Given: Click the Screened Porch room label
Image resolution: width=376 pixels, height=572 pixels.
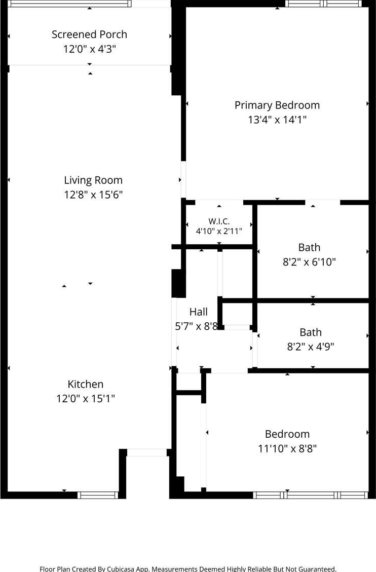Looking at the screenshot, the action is tap(89, 34).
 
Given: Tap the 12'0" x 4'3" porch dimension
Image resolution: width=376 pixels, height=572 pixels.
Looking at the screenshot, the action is tap(89, 49).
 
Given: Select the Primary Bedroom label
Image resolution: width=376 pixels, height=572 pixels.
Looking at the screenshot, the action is tap(277, 105).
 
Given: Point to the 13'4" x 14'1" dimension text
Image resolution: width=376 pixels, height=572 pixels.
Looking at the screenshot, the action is tap(277, 120).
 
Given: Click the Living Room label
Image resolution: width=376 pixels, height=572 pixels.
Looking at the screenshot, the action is tap(93, 180).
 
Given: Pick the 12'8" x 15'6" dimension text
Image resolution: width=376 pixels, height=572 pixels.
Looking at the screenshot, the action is tap(93, 195).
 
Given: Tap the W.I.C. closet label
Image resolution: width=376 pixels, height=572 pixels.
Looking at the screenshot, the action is tap(219, 221).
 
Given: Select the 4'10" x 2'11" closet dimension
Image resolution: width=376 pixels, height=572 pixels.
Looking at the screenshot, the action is tap(219, 231).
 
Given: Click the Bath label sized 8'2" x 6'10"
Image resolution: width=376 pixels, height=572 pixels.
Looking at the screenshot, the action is tap(309, 247).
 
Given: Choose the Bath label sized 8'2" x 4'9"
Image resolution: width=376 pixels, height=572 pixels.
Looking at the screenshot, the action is tap(311, 332).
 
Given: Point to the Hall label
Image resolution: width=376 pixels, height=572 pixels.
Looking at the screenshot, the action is tap(199, 312).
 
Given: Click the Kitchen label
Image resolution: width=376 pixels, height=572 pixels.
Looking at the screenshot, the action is tap(86, 384).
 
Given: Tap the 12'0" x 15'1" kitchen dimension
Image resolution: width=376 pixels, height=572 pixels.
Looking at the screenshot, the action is tap(86, 399).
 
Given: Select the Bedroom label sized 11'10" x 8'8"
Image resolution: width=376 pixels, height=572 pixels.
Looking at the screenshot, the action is tap(287, 434).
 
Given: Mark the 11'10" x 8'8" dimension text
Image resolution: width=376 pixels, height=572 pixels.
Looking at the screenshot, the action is tap(287, 449).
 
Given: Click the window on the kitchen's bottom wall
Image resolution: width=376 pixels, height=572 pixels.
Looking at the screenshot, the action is tap(98, 495).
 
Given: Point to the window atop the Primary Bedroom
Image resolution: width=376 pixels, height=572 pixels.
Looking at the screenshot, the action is tap(323, 4).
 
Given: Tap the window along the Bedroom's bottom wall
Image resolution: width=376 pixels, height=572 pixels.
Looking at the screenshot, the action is tap(311, 495).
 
